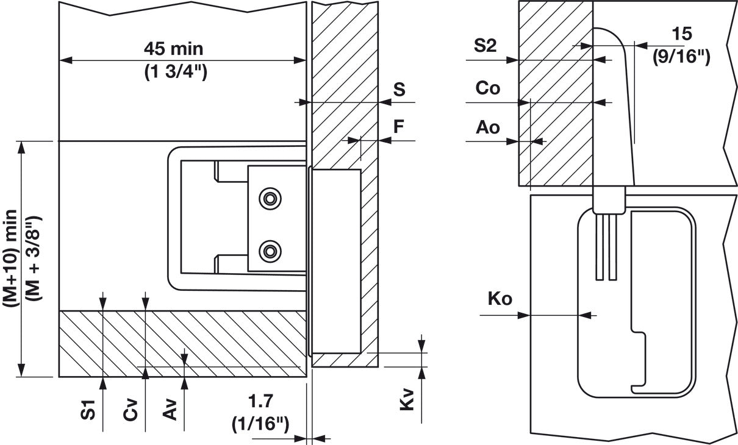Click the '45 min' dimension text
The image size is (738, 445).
(174, 48)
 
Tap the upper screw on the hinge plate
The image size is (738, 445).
(268, 198)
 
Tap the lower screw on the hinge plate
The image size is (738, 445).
(268, 249)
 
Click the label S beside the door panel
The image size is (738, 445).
(399, 90)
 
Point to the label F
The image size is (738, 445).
(398, 127)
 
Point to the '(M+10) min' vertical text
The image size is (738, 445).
(12, 259)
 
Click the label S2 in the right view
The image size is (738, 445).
(485, 47)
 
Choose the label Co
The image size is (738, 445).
(488, 88)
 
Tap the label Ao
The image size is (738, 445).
(488, 127)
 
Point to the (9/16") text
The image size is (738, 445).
(681, 57)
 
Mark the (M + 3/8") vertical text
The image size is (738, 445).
(35, 259)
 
